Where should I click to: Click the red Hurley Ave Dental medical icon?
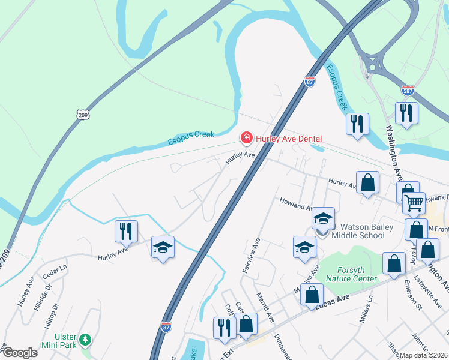[246, 139]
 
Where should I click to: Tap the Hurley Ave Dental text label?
[289, 139]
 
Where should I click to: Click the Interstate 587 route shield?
[408, 90]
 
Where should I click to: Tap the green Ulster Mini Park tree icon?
[85, 340]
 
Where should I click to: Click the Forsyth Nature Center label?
[352, 274]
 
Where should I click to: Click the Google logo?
[20, 353]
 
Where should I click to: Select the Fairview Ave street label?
[250, 256]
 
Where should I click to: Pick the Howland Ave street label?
[294, 204]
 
